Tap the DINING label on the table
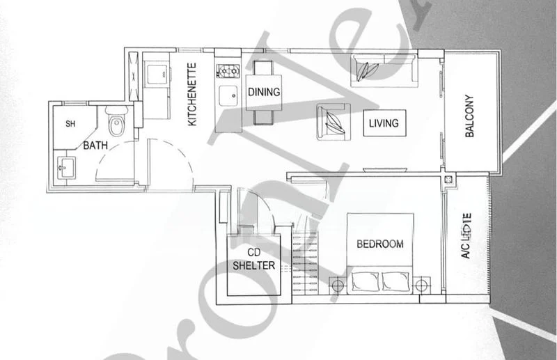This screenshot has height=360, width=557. point(263,92)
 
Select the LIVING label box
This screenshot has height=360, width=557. point(384,123)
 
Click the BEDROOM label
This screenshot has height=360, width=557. point(379,244)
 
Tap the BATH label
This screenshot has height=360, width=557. point(94,146)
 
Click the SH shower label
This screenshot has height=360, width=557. point(70,125)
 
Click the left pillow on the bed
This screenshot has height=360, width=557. point(364,281)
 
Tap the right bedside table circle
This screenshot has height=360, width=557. point(420,284)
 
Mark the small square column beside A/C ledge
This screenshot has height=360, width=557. point(449,180)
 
